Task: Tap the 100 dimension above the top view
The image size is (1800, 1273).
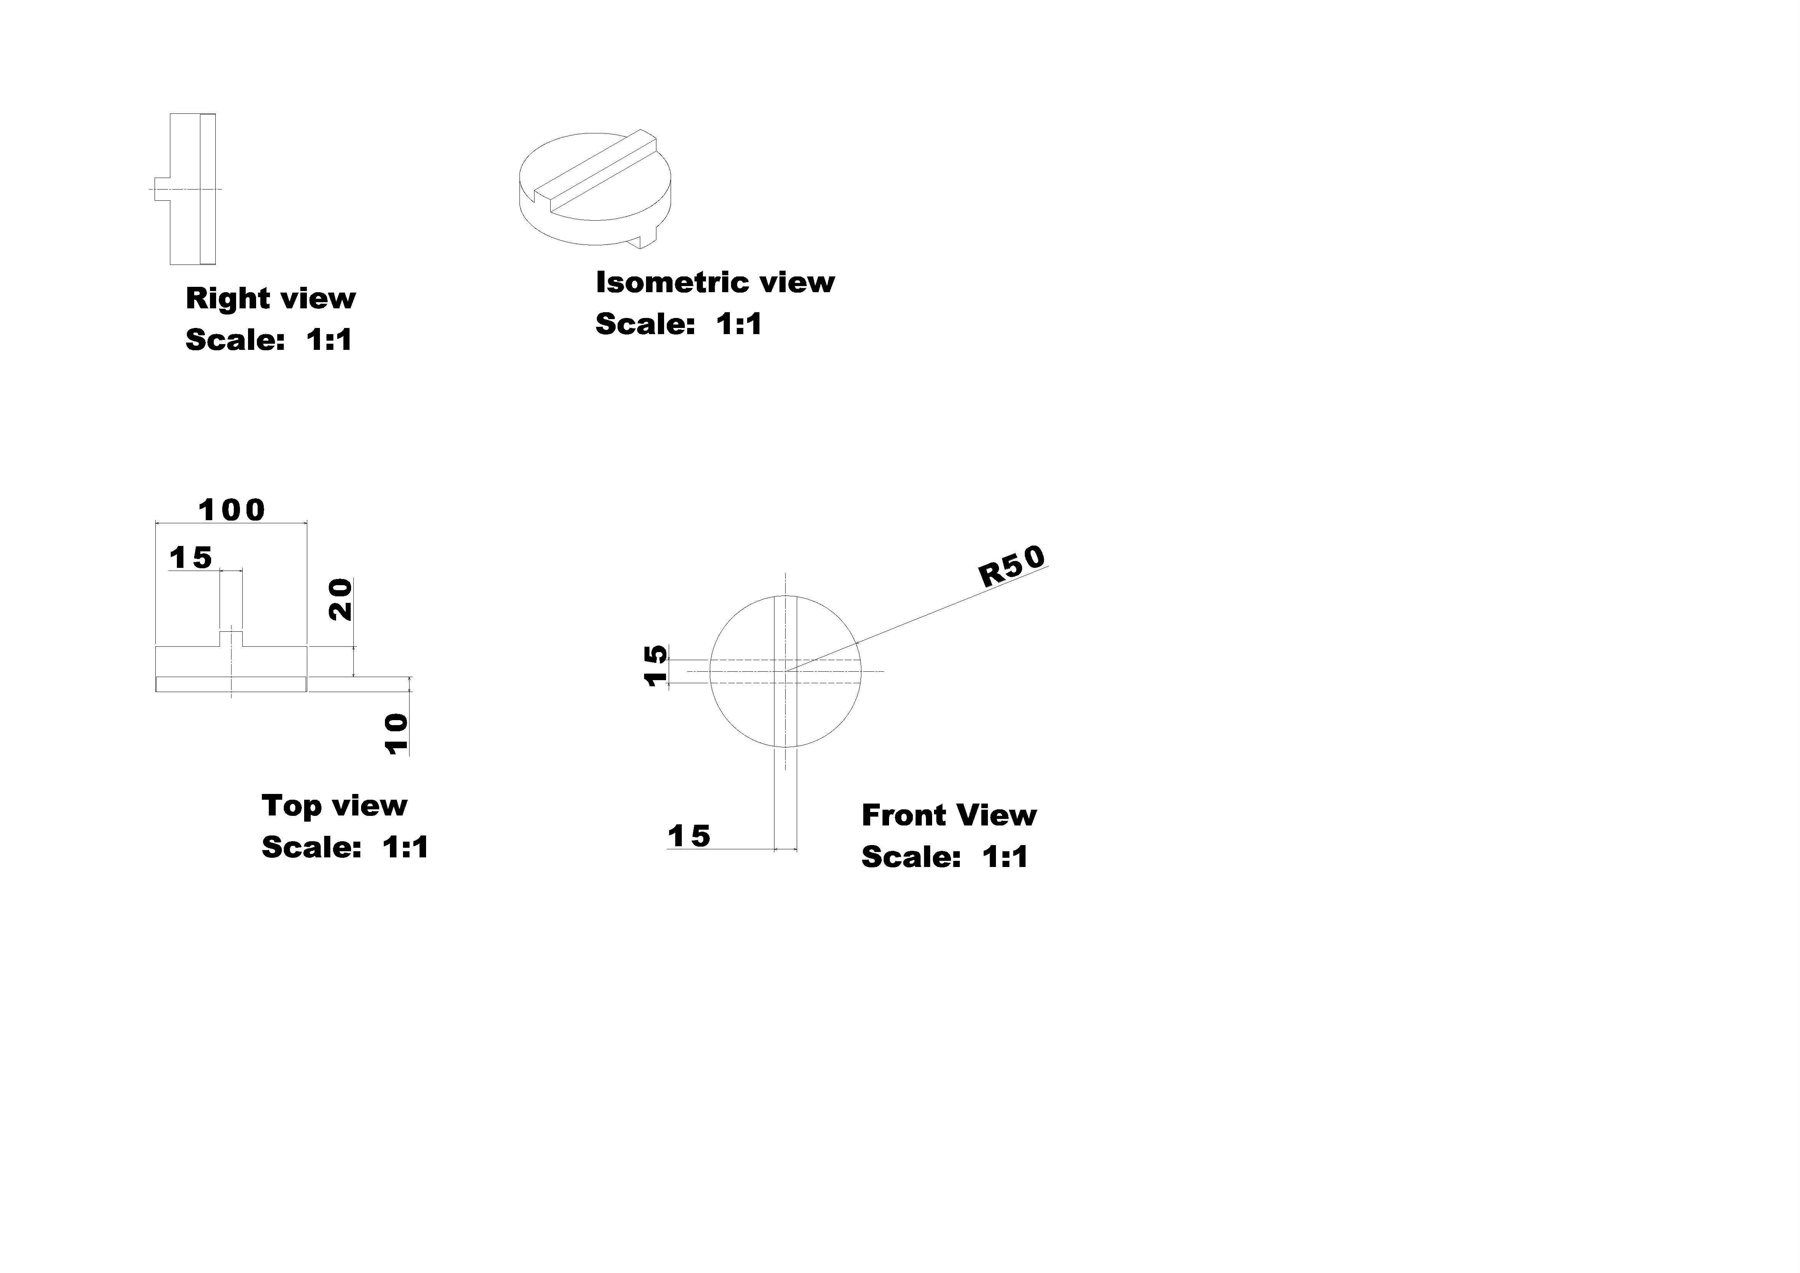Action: pyautogui.click(x=232, y=510)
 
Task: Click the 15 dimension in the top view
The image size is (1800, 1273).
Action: pyautogui.click(x=191, y=558)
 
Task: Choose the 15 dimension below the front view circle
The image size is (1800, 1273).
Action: pyautogui.click(x=689, y=836)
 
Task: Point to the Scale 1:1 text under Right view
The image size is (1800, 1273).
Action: pyautogui.click(x=269, y=339)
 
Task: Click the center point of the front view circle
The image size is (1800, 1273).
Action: pyautogui.click(x=786, y=671)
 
